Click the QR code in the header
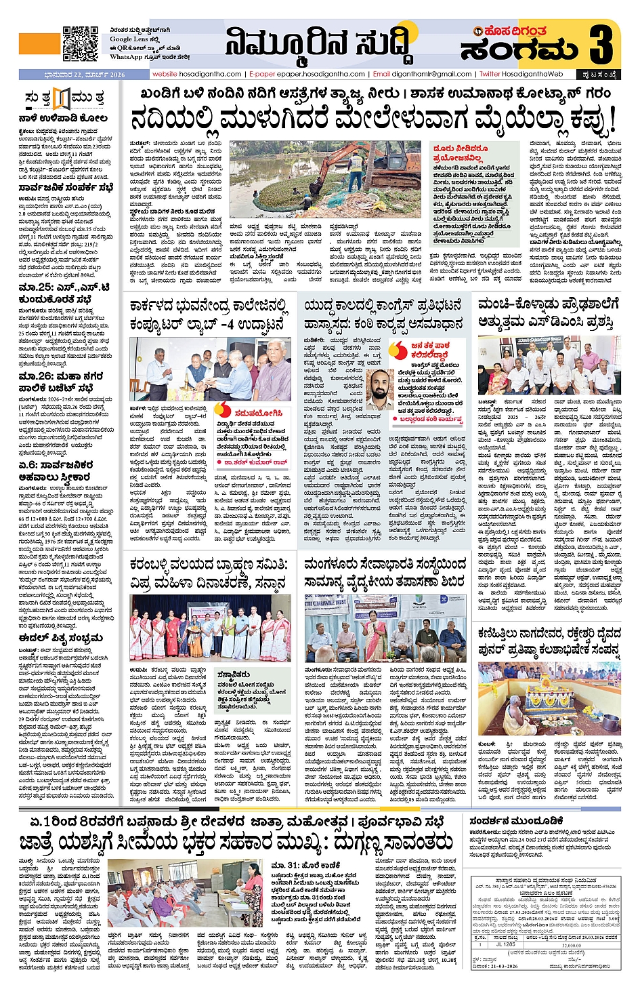[x=81, y=43]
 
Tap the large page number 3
[x=601, y=43]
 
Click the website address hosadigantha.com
[x=196, y=74]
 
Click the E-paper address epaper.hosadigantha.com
[x=307, y=74]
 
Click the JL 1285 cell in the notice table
[x=506, y=944]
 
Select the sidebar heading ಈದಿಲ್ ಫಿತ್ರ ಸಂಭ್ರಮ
[x=61, y=637]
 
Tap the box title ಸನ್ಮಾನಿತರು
[x=234, y=674]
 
